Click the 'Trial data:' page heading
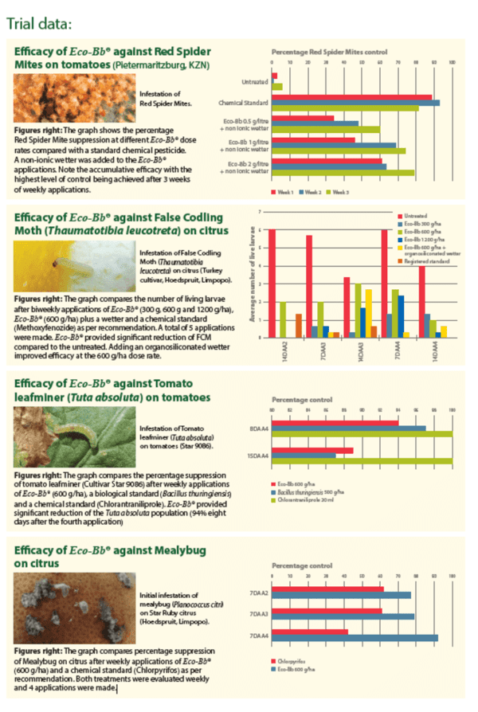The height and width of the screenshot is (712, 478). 39,21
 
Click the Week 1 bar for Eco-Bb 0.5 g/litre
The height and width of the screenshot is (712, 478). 303,118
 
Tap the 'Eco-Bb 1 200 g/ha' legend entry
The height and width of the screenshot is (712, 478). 425,239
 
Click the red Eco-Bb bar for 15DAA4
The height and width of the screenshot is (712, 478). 313,450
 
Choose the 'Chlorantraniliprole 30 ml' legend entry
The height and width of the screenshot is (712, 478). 304,498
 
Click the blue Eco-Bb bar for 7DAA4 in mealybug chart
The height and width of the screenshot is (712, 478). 355,637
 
